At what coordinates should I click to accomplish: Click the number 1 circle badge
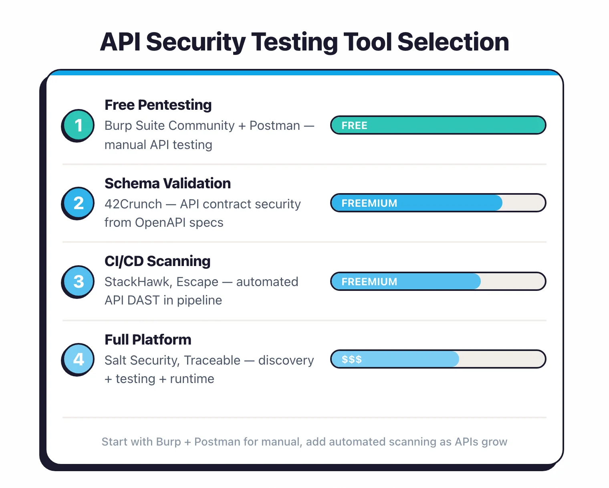coord(78,125)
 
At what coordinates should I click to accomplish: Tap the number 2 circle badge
coord(78,203)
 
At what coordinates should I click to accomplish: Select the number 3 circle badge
coord(78,281)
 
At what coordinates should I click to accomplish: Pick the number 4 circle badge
coord(78,359)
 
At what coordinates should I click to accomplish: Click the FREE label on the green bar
coord(354,125)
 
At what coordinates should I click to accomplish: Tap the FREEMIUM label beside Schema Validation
coord(369,203)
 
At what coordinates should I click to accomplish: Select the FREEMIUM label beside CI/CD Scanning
coord(369,282)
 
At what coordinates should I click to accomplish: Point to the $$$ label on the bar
coord(351,359)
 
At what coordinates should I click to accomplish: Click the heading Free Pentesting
coord(158,105)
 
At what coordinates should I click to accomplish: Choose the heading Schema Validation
coord(167,184)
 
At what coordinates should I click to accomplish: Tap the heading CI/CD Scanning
coord(157,261)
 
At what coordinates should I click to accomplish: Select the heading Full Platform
coord(148,340)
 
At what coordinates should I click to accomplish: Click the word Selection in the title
coord(453,42)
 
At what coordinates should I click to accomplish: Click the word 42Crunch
coord(133,204)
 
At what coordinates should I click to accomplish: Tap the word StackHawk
coord(138,282)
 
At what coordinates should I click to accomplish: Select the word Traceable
coord(212,360)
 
